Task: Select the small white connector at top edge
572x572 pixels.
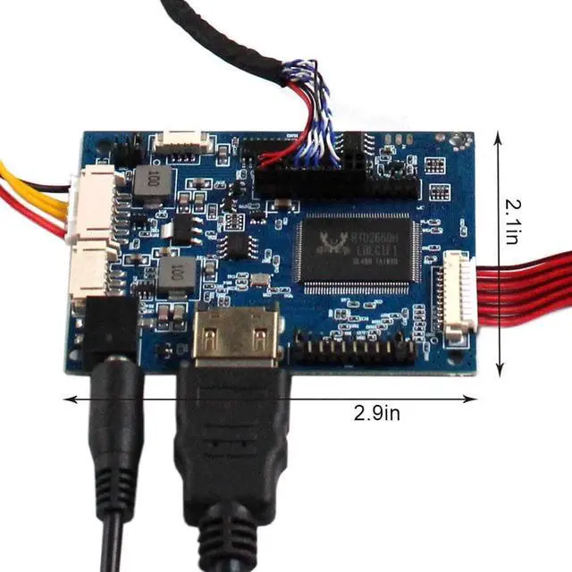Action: (181, 142)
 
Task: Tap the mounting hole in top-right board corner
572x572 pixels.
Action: (462, 141)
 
